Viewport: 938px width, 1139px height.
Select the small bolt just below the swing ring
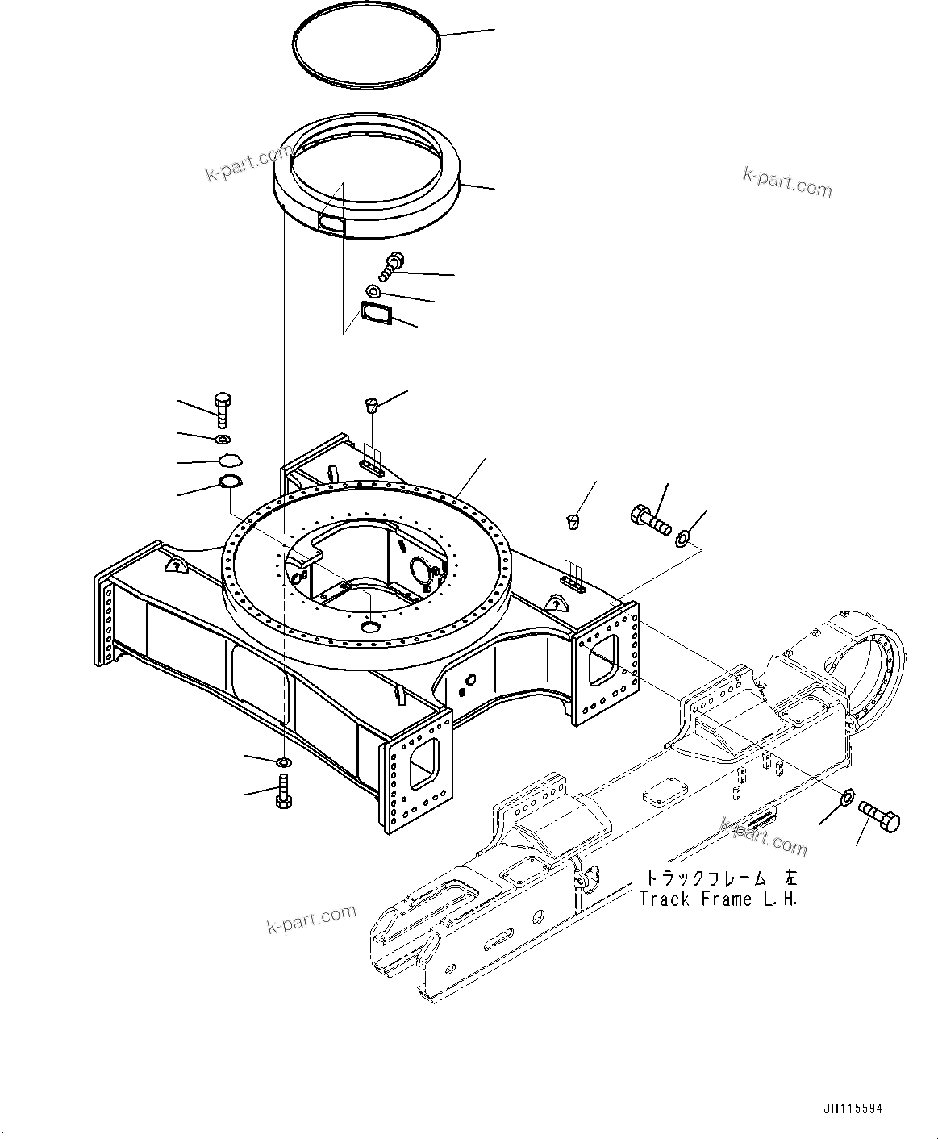[x=394, y=262]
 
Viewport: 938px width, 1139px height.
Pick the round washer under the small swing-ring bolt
[x=373, y=290]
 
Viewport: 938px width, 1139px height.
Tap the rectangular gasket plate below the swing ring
[x=375, y=315]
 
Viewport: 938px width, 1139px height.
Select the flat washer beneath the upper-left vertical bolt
[x=222, y=439]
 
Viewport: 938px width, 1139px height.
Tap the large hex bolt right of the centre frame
[x=649, y=519]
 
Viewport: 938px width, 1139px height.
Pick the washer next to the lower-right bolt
[x=847, y=798]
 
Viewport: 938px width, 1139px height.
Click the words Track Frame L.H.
[x=719, y=899]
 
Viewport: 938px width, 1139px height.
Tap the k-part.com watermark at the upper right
[x=786, y=182]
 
